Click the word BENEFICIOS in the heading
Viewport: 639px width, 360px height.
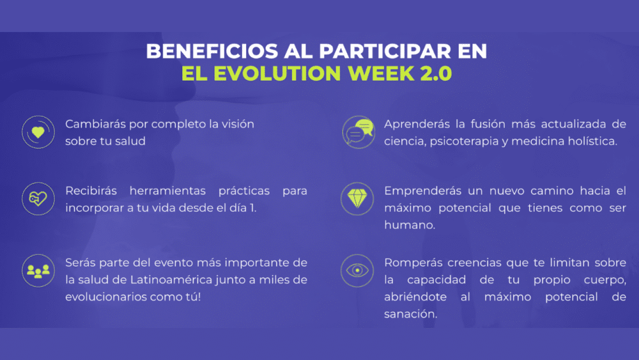pyautogui.click(x=212, y=51)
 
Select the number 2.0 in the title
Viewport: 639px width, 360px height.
pyautogui.click(x=436, y=74)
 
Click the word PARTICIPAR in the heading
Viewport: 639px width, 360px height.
pyautogui.click(x=385, y=51)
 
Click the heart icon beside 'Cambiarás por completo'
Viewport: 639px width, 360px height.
pyautogui.click(x=38, y=132)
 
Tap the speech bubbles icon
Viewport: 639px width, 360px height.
pyautogui.click(x=358, y=132)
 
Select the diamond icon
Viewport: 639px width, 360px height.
pyautogui.click(x=357, y=199)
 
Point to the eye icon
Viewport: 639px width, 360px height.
pyautogui.click(x=357, y=270)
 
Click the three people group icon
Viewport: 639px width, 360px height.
pyautogui.click(x=38, y=270)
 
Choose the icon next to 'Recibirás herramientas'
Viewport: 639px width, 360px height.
pyautogui.click(x=38, y=199)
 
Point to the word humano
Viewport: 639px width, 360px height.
pyautogui.click(x=410, y=225)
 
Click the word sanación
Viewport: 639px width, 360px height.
pyautogui.click(x=410, y=314)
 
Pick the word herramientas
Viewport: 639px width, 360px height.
pyautogui.click(x=167, y=191)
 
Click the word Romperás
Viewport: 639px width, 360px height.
pyautogui.click(x=413, y=263)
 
